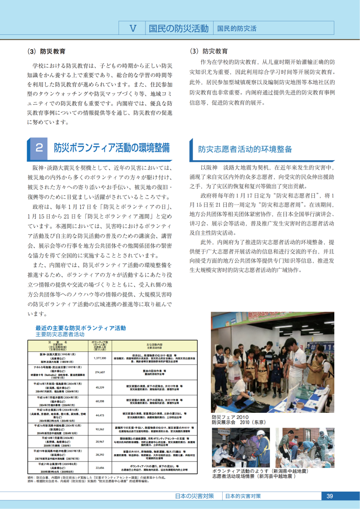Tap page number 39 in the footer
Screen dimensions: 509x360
(x=329, y=496)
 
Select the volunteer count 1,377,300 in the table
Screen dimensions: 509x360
(x=100, y=358)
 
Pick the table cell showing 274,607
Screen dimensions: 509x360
(x=100, y=372)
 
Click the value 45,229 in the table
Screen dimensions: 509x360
(x=100, y=387)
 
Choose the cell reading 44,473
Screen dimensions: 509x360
(x=100, y=415)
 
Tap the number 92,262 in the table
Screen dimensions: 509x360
(x=100, y=429)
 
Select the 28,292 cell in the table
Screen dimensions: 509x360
(x=100, y=455)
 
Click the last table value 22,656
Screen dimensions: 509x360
(x=100, y=468)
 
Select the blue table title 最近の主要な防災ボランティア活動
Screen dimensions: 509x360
(x=80, y=328)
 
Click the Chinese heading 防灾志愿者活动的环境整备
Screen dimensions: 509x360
(x=245, y=149)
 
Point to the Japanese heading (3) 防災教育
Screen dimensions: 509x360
(x=46, y=51)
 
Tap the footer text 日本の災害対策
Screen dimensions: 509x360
(x=194, y=496)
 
